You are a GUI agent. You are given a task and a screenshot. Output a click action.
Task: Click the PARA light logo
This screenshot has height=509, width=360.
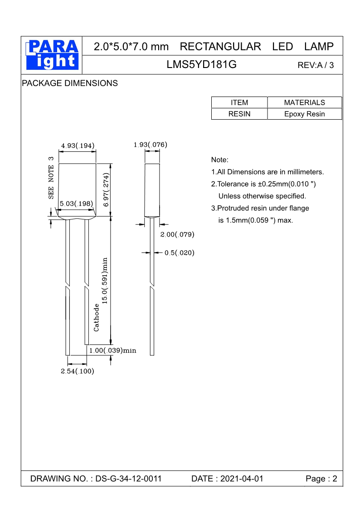52,55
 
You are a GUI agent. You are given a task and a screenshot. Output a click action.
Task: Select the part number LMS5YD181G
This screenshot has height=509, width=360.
202,65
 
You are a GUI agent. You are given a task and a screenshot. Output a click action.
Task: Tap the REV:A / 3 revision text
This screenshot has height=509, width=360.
316,65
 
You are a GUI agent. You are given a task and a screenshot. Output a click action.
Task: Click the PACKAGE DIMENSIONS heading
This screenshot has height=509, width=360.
70,83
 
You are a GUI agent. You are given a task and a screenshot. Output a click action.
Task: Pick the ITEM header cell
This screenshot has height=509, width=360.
239,102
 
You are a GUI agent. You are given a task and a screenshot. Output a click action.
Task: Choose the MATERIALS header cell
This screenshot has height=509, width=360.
304,102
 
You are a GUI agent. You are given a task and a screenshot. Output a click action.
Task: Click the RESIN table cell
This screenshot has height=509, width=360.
239,114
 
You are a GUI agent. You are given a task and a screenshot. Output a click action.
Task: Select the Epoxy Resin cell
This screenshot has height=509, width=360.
304,114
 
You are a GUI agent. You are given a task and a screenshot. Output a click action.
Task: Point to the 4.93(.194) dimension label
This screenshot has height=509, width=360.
78,145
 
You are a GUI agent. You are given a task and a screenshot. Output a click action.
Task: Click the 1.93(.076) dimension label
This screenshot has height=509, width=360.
151,145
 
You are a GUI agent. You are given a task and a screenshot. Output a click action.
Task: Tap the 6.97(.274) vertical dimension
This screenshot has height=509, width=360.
106,190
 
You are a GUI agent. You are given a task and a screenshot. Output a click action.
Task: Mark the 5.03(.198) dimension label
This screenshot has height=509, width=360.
77,204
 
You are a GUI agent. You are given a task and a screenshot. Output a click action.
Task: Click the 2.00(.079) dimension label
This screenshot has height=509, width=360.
177,234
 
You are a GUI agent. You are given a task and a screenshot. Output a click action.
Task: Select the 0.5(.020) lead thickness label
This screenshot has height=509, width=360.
179,253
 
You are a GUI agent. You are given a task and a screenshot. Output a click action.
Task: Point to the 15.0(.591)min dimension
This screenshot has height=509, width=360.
105,281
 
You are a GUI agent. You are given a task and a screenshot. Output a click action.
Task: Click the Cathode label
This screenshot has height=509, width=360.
97,317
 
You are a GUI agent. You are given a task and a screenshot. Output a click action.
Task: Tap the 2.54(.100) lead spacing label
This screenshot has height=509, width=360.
78,371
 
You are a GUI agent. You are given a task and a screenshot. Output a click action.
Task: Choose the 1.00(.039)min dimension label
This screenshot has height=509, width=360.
112,350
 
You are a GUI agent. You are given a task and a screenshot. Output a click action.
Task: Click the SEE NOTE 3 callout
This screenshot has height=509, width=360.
51,178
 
